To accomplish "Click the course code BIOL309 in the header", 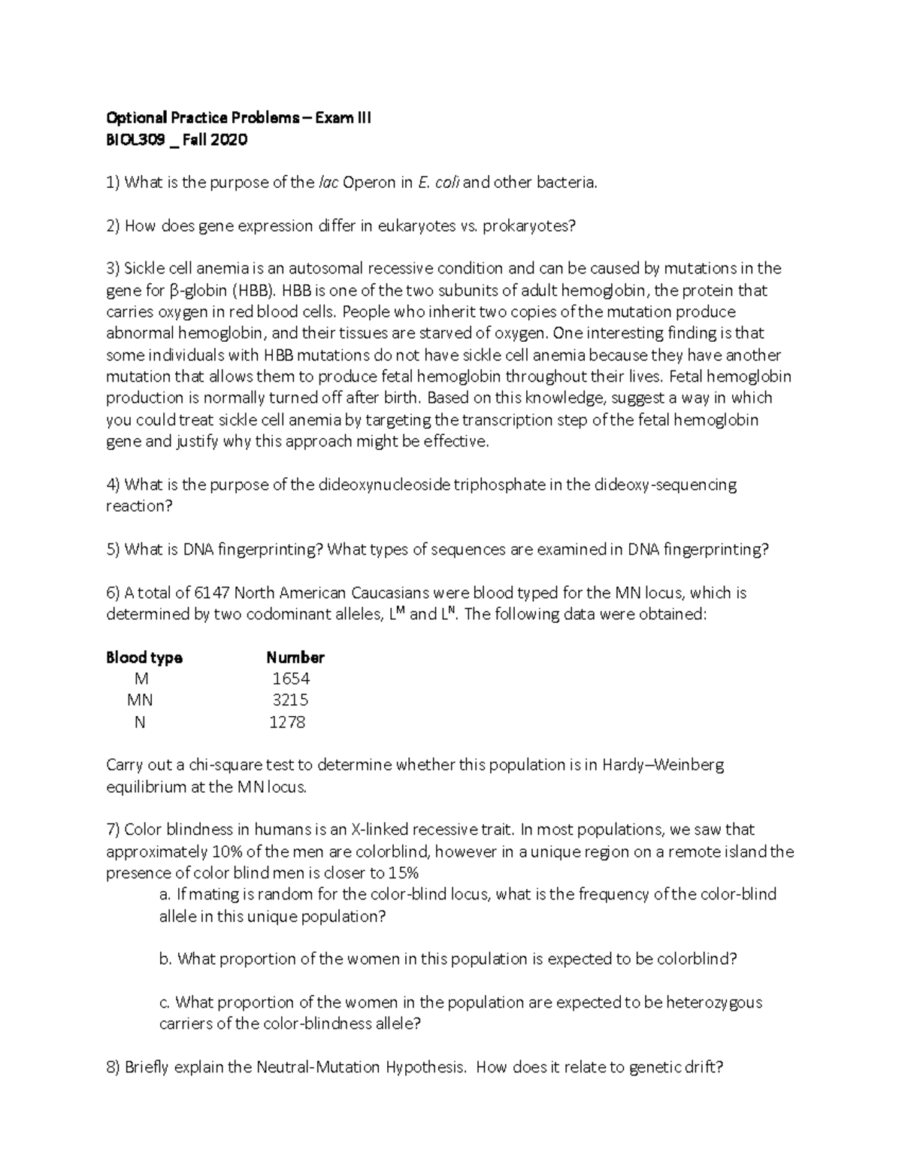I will coord(136,140).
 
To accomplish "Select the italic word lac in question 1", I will coord(328,183).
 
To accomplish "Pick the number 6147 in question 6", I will coord(213,593).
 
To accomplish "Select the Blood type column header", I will coord(144,658).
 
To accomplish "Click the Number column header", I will coord(295,658).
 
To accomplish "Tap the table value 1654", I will coord(291,679).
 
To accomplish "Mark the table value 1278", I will coord(288,722).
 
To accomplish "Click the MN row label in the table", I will coord(140,700).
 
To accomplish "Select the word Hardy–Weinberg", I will coord(664,766).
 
